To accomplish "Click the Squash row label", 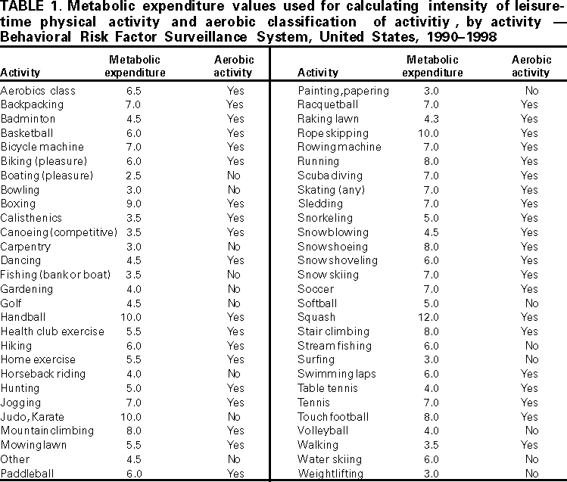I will (x=316, y=317).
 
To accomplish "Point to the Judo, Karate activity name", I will (x=33, y=417).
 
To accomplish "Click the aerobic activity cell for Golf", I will (x=234, y=303).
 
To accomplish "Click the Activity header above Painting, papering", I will (x=318, y=73).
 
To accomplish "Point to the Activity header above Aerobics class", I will (x=21, y=73).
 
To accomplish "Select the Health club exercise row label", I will (x=52, y=331).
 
